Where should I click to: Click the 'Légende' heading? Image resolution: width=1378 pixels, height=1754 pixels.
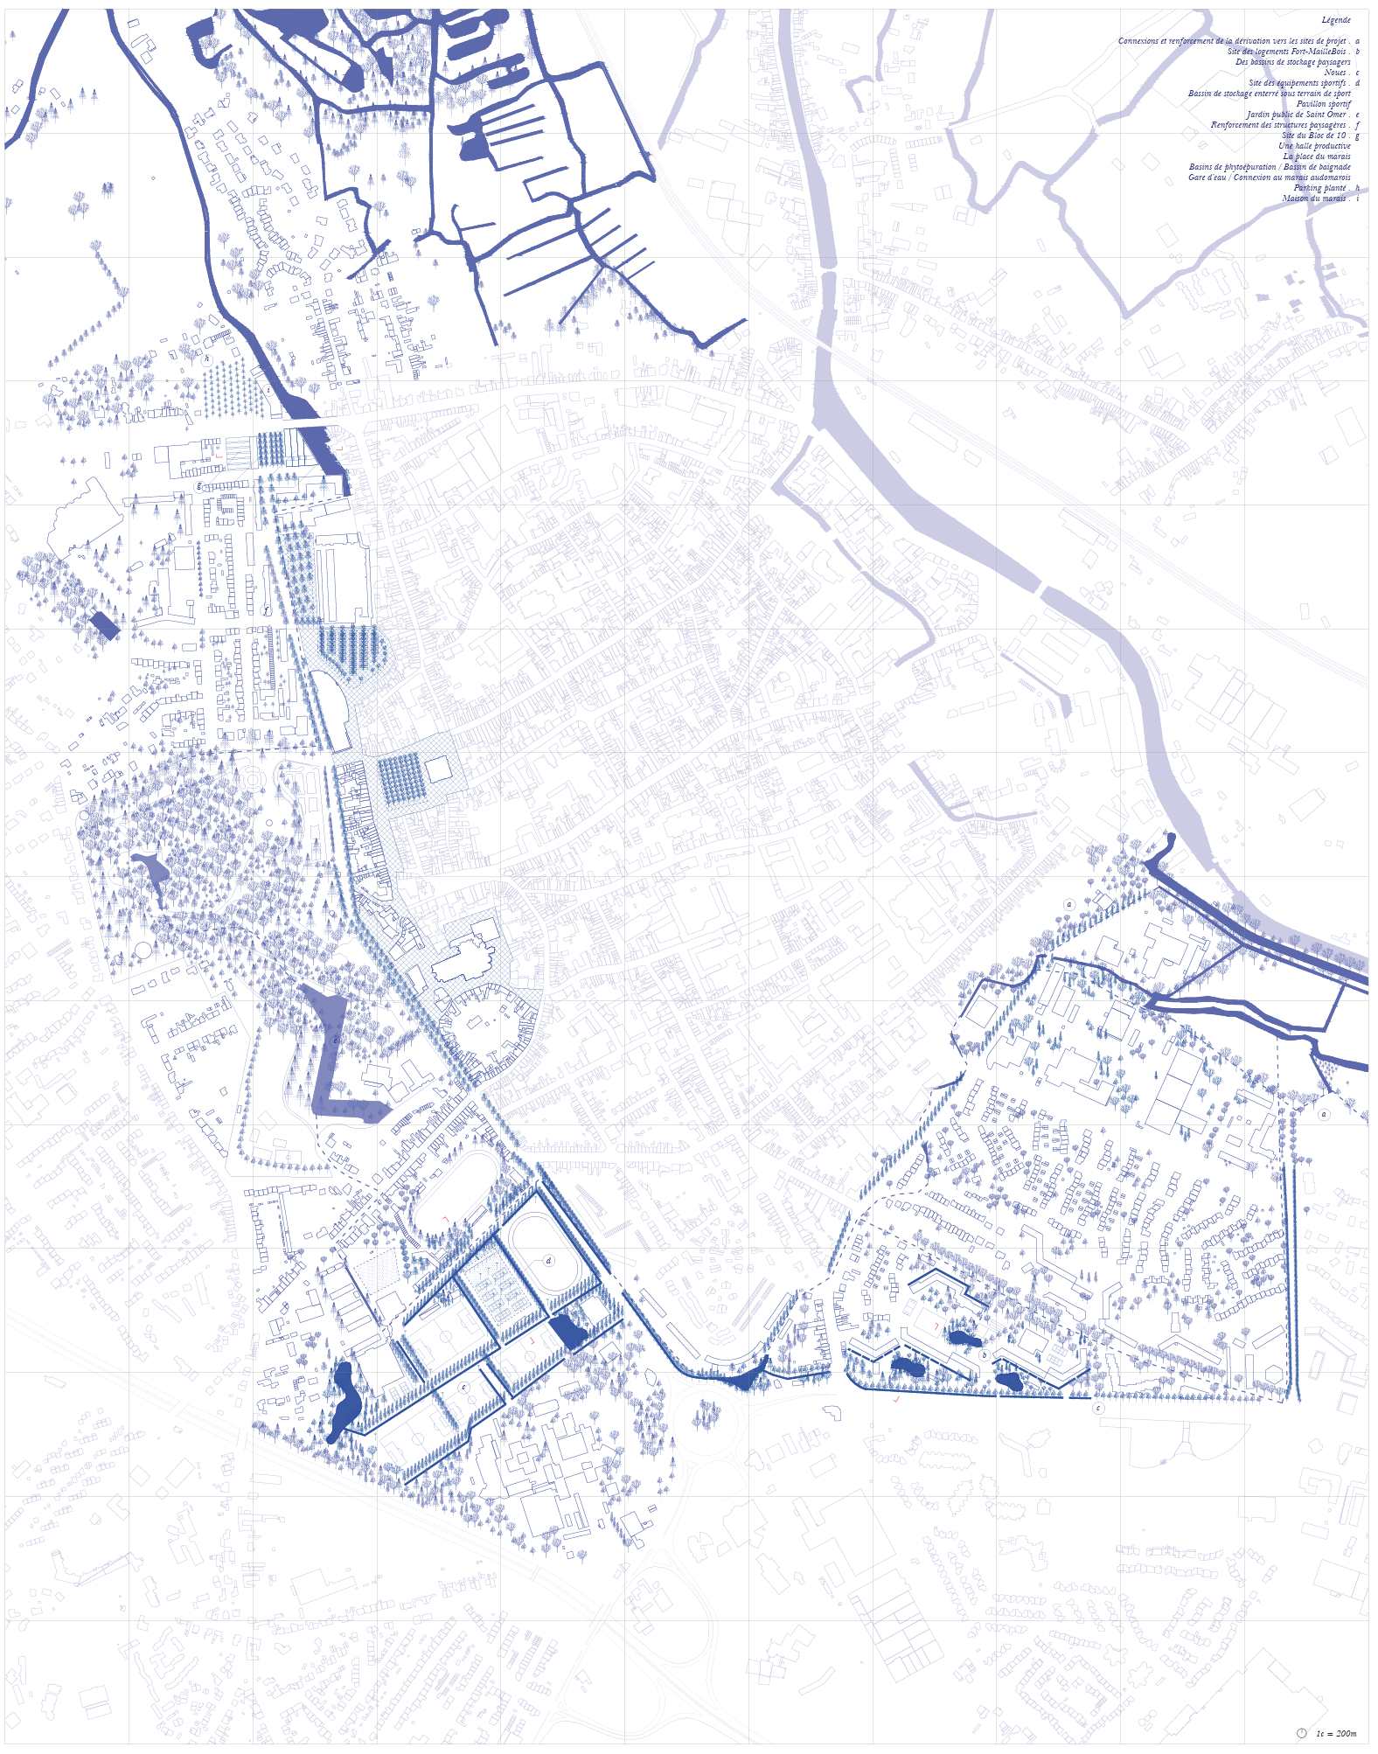pyautogui.click(x=1335, y=20)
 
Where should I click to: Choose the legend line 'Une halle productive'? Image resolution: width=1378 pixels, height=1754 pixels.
pyautogui.click(x=1314, y=146)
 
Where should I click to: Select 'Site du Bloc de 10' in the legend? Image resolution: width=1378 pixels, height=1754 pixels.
pyautogui.click(x=1313, y=136)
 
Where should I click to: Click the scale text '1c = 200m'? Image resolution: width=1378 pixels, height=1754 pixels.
pyautogui.click(x=1336, y=1733)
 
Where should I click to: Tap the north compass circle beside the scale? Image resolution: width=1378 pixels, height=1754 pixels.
pyautogui.click(x=1301, y=1733)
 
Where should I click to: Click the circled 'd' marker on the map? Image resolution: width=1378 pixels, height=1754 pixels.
pyautogui.click(x=549, y=1261)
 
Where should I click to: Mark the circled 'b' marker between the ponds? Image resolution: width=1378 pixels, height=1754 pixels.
pyautogui.click(x=984, y=1355)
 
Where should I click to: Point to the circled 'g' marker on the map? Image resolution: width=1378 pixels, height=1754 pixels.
pyautogui.click(x=199, y=486)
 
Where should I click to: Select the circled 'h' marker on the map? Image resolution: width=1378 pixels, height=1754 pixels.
pyautogui.click(x=207, y=358)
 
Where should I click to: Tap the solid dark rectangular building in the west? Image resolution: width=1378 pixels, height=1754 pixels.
pyautogui.click(x=104, y=624)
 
